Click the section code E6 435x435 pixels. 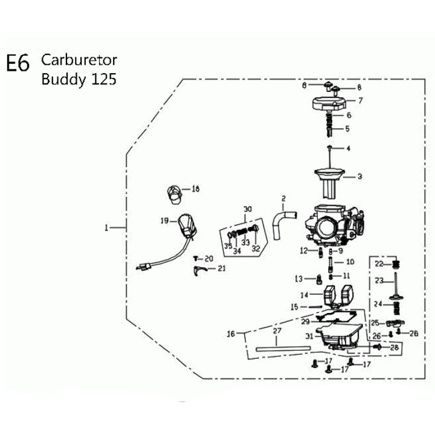click(x=18, y=63)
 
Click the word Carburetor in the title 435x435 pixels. click(x=79, y=60)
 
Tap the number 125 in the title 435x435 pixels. click(x=104, y=79)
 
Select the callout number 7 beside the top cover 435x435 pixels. click(x=360, y=100)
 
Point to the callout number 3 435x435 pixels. click(x=360, y=176)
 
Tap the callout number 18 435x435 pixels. click(x=196, y=189)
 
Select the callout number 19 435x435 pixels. click(x=164, y=221)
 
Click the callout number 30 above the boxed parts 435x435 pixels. click(x=248, y=209)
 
